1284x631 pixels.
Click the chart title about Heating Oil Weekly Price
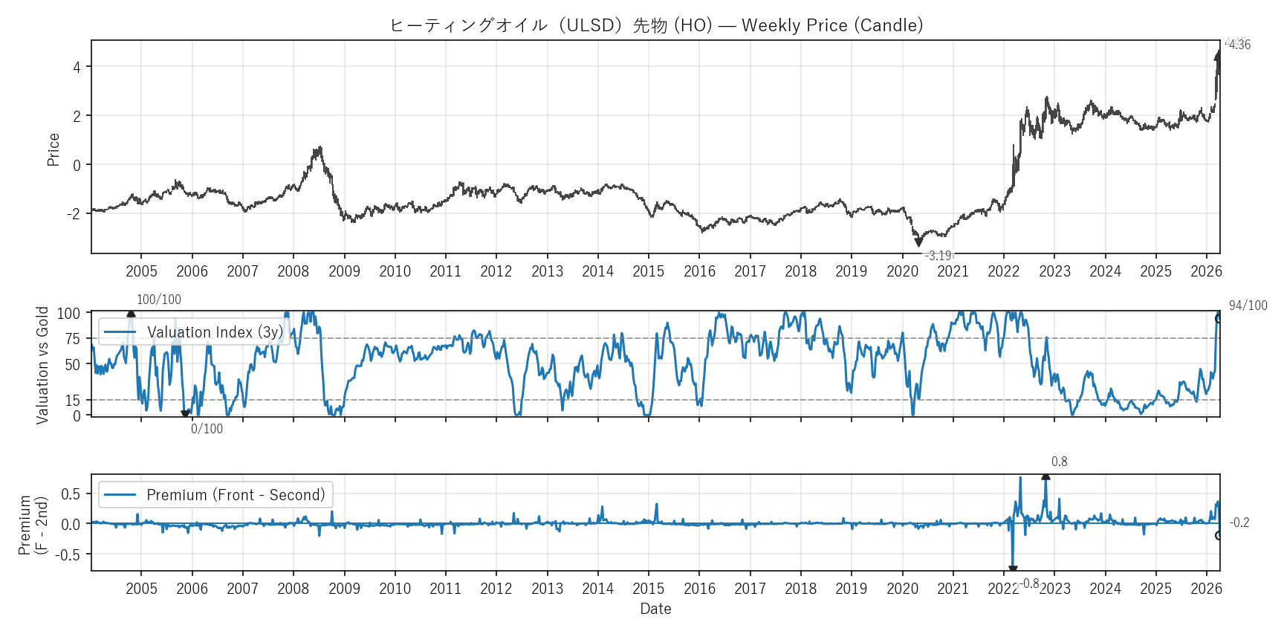656,25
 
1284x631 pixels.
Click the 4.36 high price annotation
1239,45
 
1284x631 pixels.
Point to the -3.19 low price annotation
938,256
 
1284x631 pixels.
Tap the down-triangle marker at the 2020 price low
918,242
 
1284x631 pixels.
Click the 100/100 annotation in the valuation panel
159,300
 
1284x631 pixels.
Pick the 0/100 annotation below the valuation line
207,429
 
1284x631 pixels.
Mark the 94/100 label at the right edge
1248,305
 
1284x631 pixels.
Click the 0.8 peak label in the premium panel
1059,462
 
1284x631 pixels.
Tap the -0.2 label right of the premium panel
1239,522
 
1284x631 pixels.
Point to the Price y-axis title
53,149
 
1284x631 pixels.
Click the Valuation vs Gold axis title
42,365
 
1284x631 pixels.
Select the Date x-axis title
655,609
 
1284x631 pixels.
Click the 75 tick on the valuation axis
72,339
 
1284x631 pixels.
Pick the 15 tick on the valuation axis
72,401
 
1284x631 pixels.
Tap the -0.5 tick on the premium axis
71,554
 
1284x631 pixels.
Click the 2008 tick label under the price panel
293,271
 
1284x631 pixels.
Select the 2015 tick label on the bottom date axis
648,589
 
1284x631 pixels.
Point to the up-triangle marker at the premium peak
1045,476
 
